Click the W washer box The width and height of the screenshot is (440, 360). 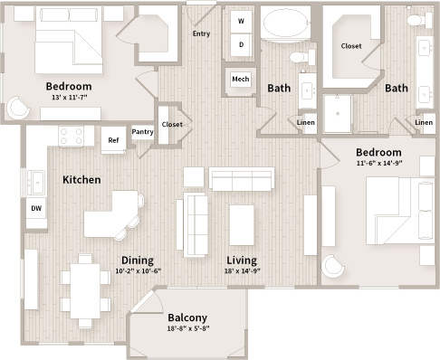coord(241,21)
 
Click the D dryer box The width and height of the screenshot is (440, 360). coord(241,43)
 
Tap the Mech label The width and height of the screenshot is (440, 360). coord(241,79)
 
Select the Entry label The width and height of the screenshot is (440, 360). coord(202,33)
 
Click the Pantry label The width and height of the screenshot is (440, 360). coord(142,132)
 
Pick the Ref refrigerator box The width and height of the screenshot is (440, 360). coord(113,139)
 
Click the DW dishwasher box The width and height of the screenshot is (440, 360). coord(36,208)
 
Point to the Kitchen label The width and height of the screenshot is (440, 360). coord(81,180)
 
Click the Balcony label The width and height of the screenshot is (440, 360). coord(187,317)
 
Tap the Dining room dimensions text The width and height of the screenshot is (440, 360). coord(139,270)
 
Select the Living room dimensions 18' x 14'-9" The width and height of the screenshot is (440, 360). coord(243,270)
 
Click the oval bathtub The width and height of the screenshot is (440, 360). coord(285,24)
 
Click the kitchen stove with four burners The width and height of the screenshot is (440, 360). coord(77,136)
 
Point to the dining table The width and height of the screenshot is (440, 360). coord(87,289)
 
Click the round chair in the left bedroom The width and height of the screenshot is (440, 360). coord(18,108)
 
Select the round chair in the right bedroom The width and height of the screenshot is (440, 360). coord(333,267)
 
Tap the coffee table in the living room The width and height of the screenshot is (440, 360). coord(242,225)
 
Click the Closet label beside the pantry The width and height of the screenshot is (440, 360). coord(171,124)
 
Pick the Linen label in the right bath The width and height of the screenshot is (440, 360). coord(424,121)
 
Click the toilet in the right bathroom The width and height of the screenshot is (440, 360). coord(416,18)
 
